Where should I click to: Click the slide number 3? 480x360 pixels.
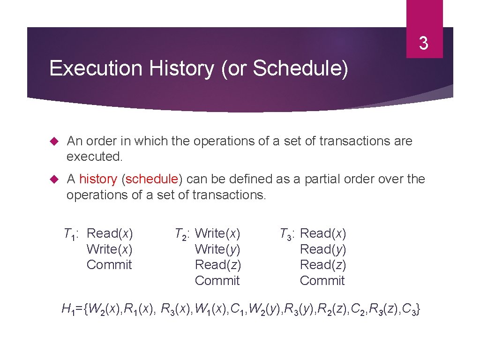tap(423, 44)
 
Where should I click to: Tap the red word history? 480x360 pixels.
tap(98, 179)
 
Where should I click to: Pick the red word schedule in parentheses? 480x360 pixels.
tap(152, 179)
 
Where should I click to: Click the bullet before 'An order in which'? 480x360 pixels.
tap(53, 141)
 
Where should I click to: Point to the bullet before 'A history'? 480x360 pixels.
tap(53, 179)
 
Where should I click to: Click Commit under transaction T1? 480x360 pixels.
tap(109, 265)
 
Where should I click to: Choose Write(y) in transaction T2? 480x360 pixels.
tap(217, 249)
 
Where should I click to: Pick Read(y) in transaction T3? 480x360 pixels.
tap(322, 249)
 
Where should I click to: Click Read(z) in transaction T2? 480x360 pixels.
tap(217, 265)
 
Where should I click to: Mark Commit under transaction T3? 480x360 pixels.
tap(322, 281)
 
